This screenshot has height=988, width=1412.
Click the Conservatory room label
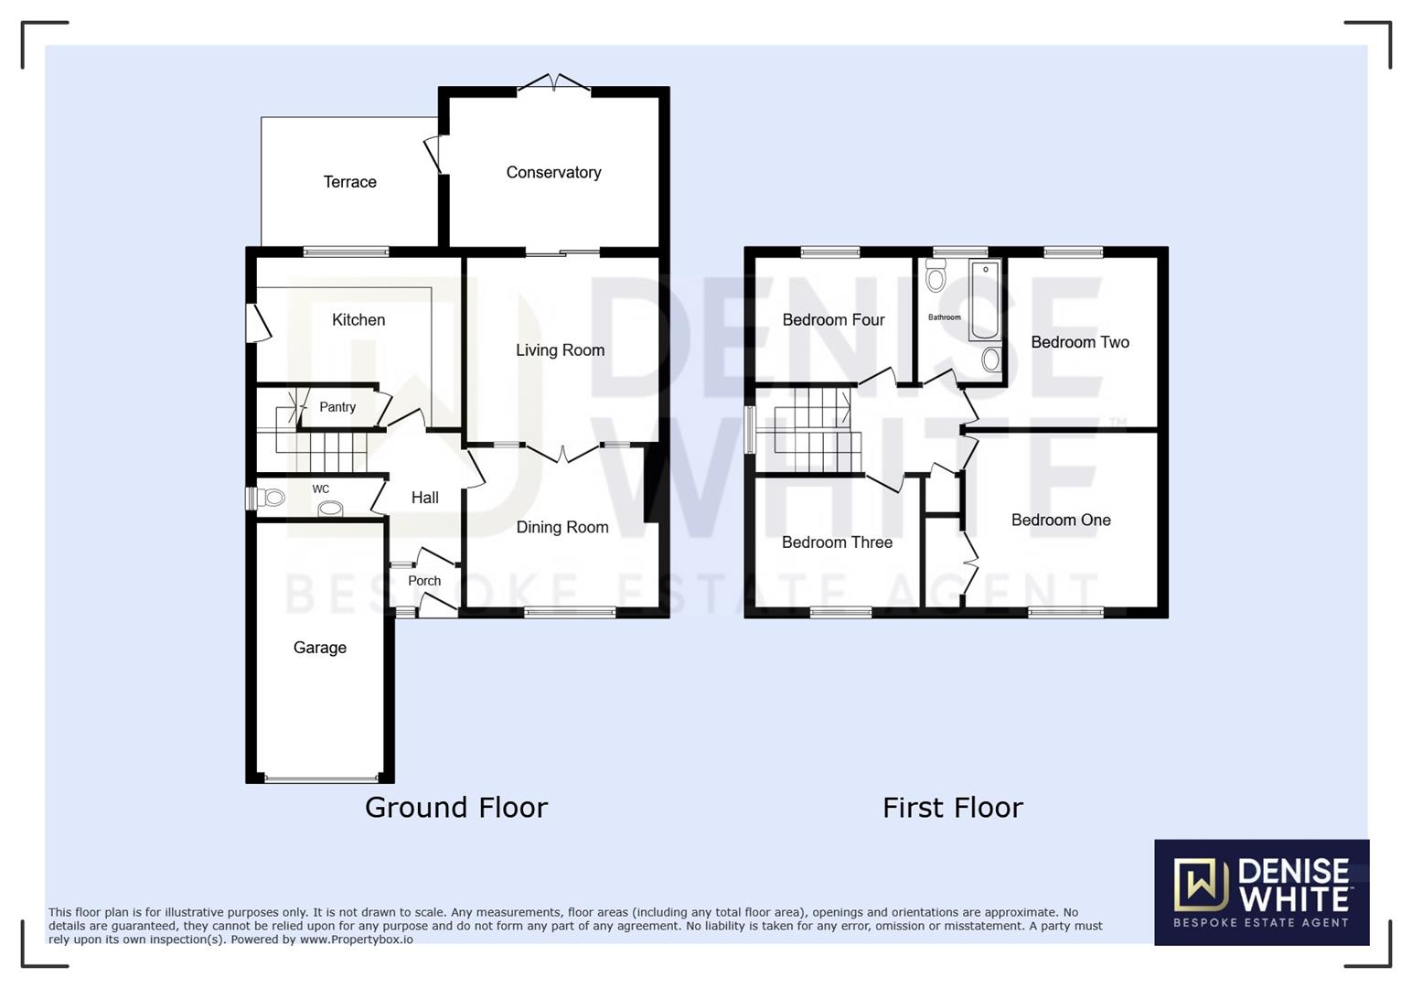tap(553, 172)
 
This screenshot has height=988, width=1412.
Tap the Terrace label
tap(349, 181)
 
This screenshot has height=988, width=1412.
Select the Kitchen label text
tap(358, 319)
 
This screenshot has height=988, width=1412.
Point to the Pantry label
tap(337, 407)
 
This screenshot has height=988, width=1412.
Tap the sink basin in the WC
tap(330, 509)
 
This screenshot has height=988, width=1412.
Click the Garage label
tap(319, 647)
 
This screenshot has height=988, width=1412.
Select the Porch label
tap(423, 581)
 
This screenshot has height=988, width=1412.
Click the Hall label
tap(424, 498)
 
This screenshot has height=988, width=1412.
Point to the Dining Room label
tap(562, 527)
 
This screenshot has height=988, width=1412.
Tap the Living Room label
tap(560, 349)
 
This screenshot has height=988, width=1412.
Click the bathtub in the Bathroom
tap(985, 300)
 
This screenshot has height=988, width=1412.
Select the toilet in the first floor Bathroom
tap(935, 276)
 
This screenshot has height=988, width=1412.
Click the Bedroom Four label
tap(833, 319)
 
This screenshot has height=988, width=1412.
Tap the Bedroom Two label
tap(1079, 342)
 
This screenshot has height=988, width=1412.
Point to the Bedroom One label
tap(1061, 520)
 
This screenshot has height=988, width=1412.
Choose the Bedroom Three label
tap(837, 542)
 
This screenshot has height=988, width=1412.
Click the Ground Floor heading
tap(455, 807)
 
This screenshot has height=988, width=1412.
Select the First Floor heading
tap(952, 807)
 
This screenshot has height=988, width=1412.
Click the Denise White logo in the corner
tap(1261, 892)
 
